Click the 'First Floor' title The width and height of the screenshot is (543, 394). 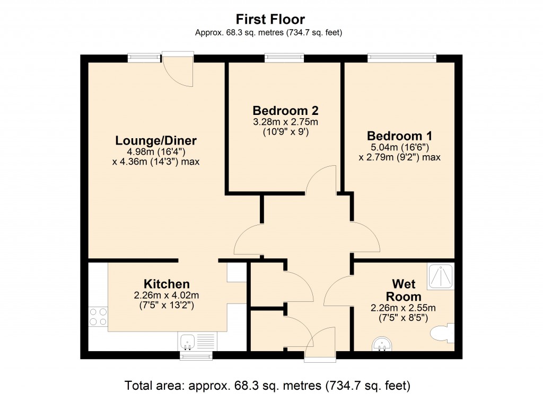[x=270, y=20]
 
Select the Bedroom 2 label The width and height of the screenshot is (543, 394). [x=285, y=111]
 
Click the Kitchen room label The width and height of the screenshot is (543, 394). [x=166, y=284]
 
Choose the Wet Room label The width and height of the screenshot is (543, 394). [x=407, y=290]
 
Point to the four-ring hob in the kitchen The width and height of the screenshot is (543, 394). [x=98, y=317]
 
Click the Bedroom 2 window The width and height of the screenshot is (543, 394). [x=284, y=58]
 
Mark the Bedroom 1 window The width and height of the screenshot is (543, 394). [x=402, y=58]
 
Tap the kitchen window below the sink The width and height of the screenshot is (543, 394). [x=196, y=355]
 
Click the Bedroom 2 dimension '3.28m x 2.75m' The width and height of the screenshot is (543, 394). [x=285, y=122]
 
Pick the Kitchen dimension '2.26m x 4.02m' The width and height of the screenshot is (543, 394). [x=166, y=295]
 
